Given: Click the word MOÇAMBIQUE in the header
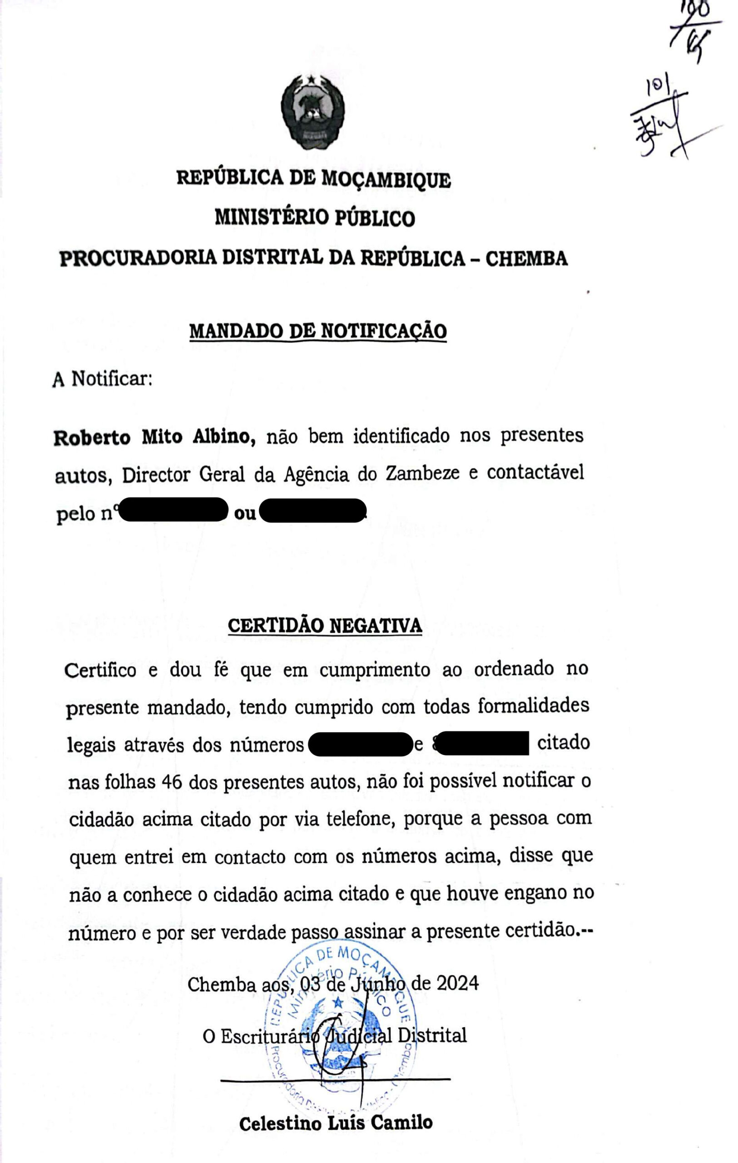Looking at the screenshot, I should (x=386, y=179).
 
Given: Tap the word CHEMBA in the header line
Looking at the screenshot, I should (x=526, y=259).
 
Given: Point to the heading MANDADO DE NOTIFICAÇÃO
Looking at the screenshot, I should (x=317, y=331).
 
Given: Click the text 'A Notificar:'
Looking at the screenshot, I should (x=102, y=379).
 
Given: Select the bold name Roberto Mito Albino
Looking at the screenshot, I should (x=154, y=437).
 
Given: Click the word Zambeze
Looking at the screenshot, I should (x=422, y=473).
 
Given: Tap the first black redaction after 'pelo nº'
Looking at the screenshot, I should (x=172, y=511).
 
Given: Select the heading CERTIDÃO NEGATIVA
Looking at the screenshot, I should (x=325, y=626).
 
